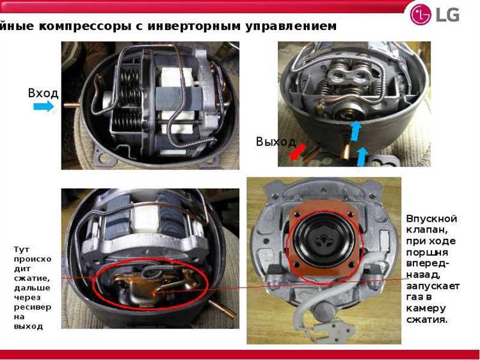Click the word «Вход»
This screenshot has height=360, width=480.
pos(43,93)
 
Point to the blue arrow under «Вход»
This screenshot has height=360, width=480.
pos(44,106)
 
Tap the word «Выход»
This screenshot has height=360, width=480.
pos(276,142)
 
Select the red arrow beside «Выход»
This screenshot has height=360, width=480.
pos(298,152)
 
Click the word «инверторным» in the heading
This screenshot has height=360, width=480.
pos(195,26)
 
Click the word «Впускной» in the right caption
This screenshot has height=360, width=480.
pos(431,219)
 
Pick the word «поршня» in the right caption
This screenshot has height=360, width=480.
pos(427,253)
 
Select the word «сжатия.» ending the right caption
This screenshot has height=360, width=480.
pos(427,320)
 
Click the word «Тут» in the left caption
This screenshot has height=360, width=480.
pos(21,249)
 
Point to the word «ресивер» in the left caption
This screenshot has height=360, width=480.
pos(33,307)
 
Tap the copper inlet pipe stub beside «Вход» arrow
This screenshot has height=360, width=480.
pos(72,104)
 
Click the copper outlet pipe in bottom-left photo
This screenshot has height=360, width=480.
pos(222,309)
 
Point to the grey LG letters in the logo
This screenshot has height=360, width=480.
pos(447,14)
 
